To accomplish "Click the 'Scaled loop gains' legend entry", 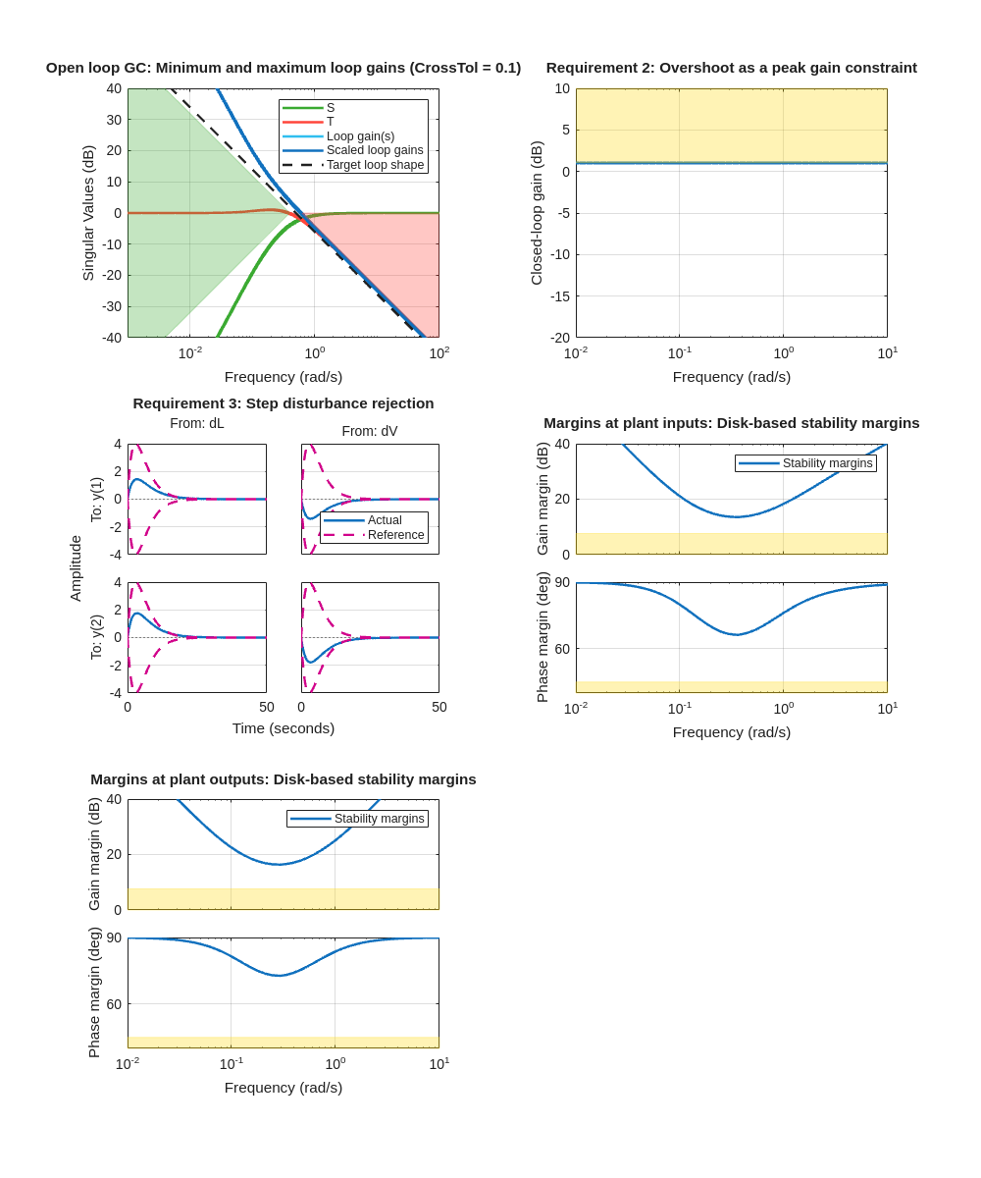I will [374, 150].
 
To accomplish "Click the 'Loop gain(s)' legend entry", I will [360, 136].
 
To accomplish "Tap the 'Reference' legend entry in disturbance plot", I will [395, 535].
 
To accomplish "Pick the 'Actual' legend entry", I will [385, 520].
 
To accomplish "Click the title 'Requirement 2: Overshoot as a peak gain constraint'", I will [731, 68].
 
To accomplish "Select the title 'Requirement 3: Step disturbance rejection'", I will [283, 403].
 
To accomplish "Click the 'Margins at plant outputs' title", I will [283, 779].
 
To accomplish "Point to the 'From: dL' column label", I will [196, 423].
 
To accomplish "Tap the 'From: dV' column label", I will [370, 431].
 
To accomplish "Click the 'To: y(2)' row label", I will [96, 637].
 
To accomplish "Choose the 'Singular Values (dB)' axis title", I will [88, 213].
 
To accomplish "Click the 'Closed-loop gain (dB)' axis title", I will [537, 213].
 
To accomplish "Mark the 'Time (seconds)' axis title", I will [283, 728].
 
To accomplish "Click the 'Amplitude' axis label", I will [76, 568].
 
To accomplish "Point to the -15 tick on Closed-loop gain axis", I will [558, 295].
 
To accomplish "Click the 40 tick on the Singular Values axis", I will [114, 88].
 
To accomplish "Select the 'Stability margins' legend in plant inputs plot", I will [805, 463].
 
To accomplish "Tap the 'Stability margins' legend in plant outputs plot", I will [357, 819].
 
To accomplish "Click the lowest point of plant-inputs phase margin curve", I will [738, 635].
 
